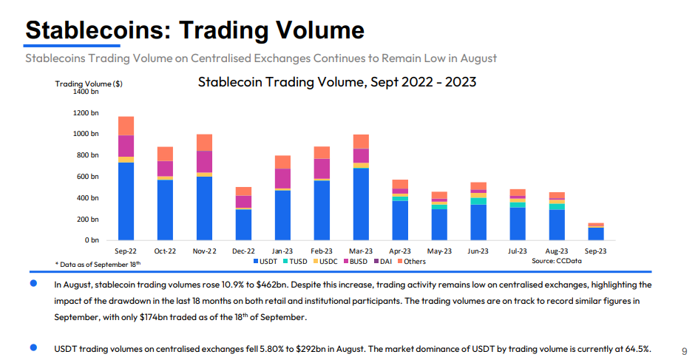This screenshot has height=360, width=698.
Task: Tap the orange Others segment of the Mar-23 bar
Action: (x=361, y=141)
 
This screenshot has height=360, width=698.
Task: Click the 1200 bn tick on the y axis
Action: (x=86, y=112)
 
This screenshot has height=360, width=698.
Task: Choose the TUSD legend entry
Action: (x=296, y=262)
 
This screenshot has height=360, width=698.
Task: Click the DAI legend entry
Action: (x=384, y=262)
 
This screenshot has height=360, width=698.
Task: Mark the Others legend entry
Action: (x=410, y=262)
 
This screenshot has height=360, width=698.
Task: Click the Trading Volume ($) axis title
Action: (x=89, y=84)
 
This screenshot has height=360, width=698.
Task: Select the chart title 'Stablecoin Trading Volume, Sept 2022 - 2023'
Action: (x=336, y=81)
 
